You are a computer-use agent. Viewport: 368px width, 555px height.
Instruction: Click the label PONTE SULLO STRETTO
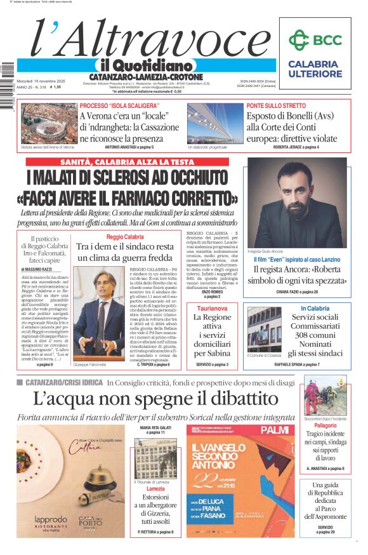tap(276, 105)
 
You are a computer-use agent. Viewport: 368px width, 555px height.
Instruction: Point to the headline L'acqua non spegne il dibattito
tap(155, 399)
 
